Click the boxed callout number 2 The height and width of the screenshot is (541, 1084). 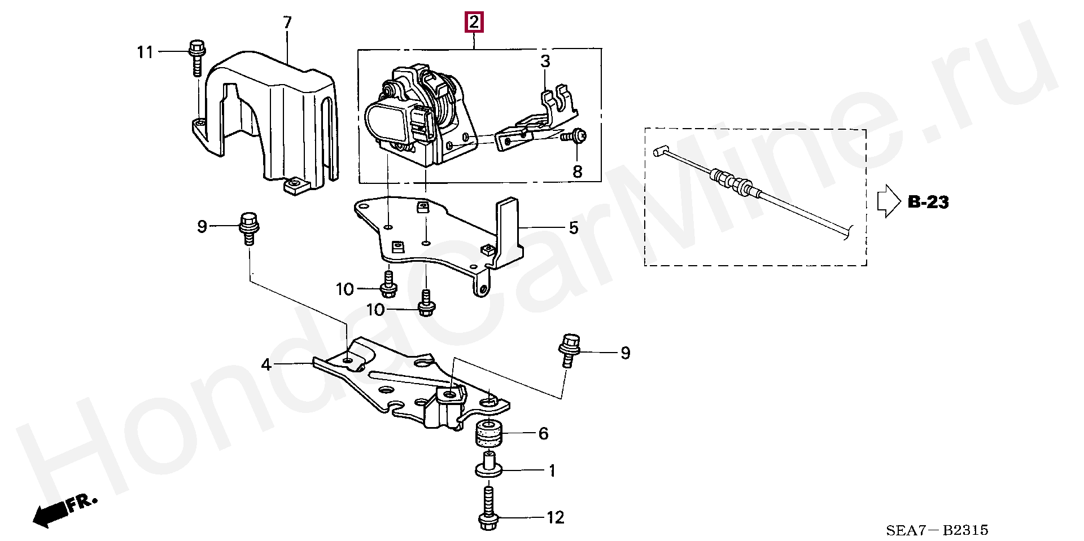pyautogui.click(x=473, y=23)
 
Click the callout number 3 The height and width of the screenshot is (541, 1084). pyautogui.click(x=545, y=61)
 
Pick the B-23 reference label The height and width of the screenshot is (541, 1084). pyautogui.click(x=928, y=201)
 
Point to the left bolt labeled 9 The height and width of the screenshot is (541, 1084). pyautogui.click(x=248, y=228)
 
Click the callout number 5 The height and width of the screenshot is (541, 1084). pyautogui.click(x=573, y=228)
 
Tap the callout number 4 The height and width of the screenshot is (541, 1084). pyautogui.click(x=266, y=365)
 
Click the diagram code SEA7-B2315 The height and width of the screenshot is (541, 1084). pyautogui.click(x=937, y=530)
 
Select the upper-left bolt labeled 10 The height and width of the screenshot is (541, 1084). pyautogui.click(x=388, y=285)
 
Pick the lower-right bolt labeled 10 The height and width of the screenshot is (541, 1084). pyautogui.click(x=426, y=303)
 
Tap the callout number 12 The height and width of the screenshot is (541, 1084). pyautogui.click(x=556, y=517)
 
